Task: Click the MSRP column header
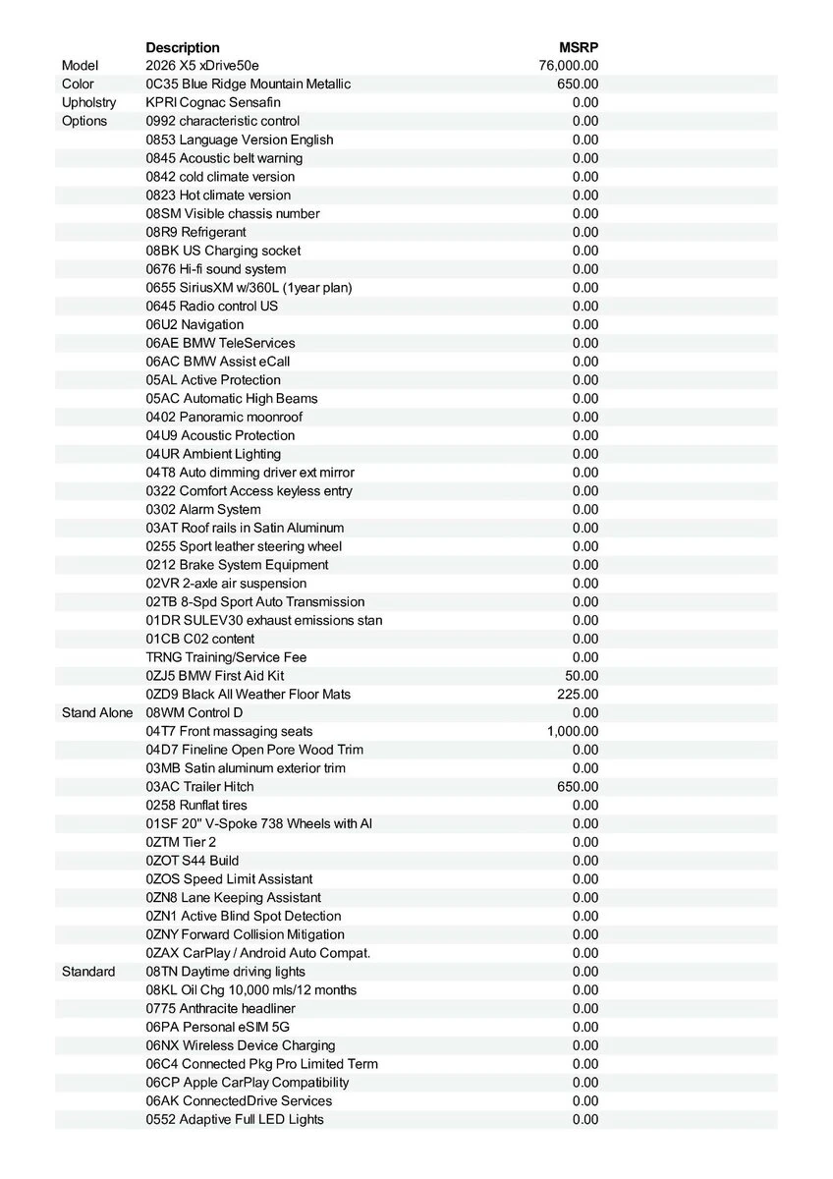pyautogui.click(x=579, y=47)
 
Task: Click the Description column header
pyautogui.click(x=183, y=47)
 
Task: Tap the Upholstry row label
pyautogui.click(x=88, y=102)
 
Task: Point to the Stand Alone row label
pyautogui.click(x=97, y=712)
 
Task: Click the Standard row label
pyautogui.click(x=88, y=972)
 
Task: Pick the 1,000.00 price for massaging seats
pyautogui.click(x=572, y=731)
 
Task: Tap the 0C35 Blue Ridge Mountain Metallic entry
pyautogui.click(x=248, y=84)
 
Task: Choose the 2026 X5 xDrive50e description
pyautogui.click(x=202, y=66)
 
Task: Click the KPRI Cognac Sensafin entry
pyautogui.click(x=213, y=102)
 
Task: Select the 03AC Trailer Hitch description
pyautogui.click(x=199, y=787)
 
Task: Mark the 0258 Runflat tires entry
pyautogui.click(x=196, y=806)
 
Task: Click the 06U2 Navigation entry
pyautogui.click(x=194, y=324)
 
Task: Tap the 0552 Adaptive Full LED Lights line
pyautogui.click(x=235, y=1119)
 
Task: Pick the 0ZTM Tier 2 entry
pyautogui.click(x=181, y=842)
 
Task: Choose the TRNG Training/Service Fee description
pyautogui.click(x=226, y=657)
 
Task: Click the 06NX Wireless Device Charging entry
pyautogui.click(x=241, y=1045)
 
